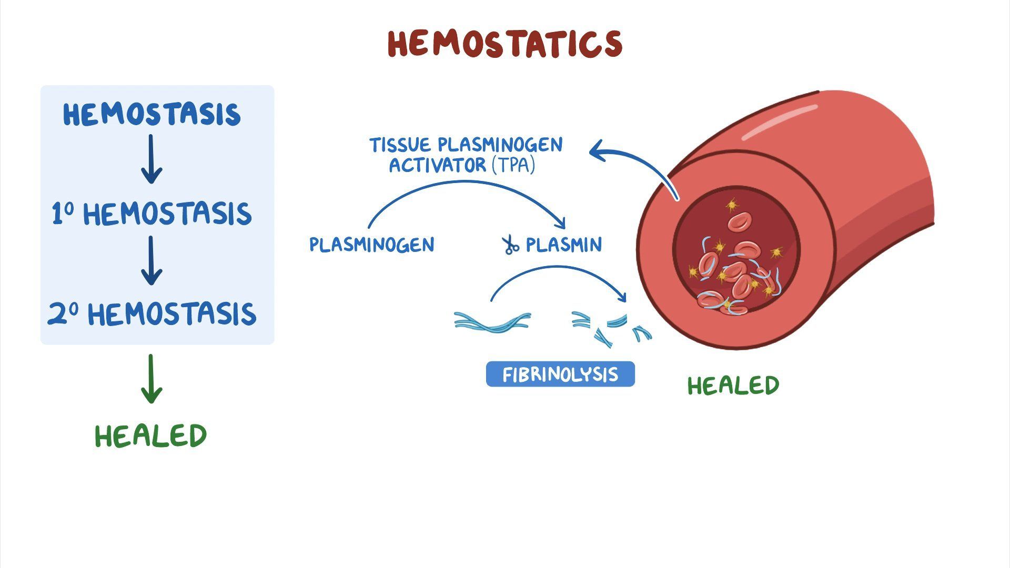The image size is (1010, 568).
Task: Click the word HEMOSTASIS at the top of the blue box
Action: pyautogui.click(x=151, y=115)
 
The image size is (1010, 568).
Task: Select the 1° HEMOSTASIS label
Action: pyautogui.click(x=151, y=214)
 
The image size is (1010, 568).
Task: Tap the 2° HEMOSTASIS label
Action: pyautogui.click(x=151, y=314)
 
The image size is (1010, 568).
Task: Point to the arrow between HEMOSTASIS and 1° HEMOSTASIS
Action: pyautogui.click(x=151, y=159)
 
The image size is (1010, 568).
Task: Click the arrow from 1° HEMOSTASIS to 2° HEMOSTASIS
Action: pyautogui.click(x=151, y=260)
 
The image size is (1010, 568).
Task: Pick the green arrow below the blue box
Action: pyautogui.click(x=151, y=379)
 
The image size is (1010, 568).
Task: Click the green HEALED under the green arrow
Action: pyautogui.click(x=151, y=436)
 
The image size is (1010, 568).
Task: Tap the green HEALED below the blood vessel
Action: pyautogui.click(x=733, y=386)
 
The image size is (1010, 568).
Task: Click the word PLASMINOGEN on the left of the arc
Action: pyautogui.click(x=372, y=245)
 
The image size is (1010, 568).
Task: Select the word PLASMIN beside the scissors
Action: pyautogui.click(x=564, y=245)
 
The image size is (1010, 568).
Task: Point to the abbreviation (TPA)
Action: pyautogui.click(x=513, y=166)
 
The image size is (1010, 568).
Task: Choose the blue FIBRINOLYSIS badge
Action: pyautogui.click(x=560, y=374)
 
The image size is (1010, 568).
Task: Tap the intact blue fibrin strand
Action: pyautogui.click(x=492, y=322)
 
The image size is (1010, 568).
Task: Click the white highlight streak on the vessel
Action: pyautogui.click(x=780, y=123)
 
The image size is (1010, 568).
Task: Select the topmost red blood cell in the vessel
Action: pyautogui.click(x=740, y=221)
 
